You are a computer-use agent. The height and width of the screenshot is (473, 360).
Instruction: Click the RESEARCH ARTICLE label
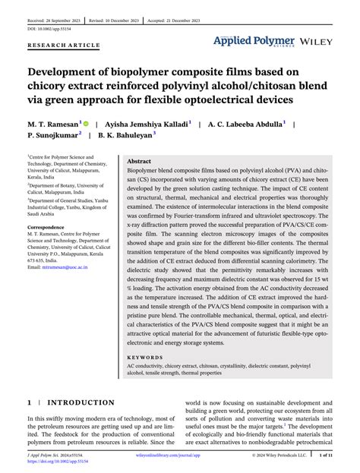coord(64,46)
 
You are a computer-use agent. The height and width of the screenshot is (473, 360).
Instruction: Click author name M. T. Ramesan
coord(55,122)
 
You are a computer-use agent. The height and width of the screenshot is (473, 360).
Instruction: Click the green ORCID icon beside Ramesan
coord(87,122)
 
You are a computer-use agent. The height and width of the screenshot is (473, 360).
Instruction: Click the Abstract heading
coord(139,162)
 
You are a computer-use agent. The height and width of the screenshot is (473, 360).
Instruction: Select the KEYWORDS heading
coord(146,356)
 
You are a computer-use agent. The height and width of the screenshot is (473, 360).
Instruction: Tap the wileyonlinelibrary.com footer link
coord(179,455)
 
